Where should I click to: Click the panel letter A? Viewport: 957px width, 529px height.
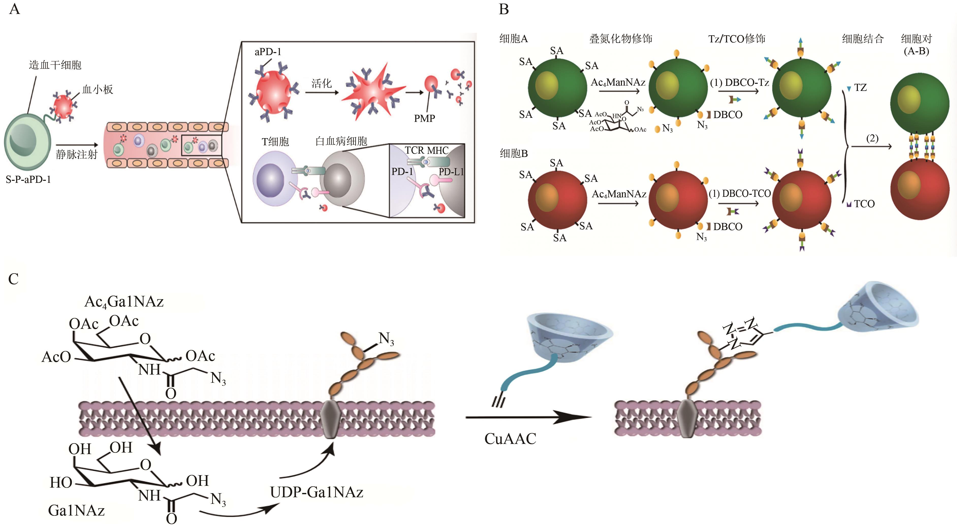(x=14, y=9)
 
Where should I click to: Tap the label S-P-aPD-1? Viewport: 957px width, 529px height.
(x=28, y=180)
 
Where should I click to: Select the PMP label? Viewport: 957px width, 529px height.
(x=424, y=119)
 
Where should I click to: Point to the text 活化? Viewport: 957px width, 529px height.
(x=321, y=84)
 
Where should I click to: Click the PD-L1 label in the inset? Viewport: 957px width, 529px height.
(x=451, y=172)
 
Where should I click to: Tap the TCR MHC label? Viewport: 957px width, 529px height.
(x=427, y=150)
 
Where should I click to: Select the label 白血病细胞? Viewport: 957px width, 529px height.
(x=341, y=141)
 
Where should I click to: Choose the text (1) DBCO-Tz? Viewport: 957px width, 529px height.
(x=739, y=83)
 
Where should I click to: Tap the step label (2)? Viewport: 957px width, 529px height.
(x=872, y=139)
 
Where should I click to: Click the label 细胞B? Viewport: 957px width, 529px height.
(x=513, y=153)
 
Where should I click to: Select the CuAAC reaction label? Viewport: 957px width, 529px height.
(x=510, y=439)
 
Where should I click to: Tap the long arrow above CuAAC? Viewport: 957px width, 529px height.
(x=528, y=417)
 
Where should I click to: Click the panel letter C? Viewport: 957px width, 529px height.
(x=13, y=279)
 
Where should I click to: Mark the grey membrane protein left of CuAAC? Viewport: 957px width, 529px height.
(x=330, y=419)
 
